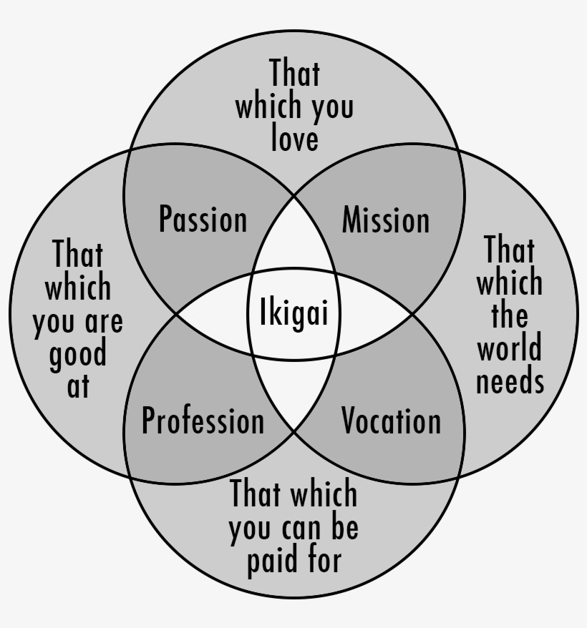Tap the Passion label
[x=203, y=219]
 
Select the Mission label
[x=386, y=219]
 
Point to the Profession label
[x=203, y=421]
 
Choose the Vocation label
[x=391, y=421]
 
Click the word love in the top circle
[x=294, y=138]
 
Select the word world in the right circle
[x=510, y=349]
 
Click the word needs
[x=510, y=381]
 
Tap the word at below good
[x=78, y=386]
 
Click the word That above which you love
[x=294, y=74]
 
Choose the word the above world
[x=510, y=316]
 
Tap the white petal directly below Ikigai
[x=293, y=393]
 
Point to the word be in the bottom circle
[x=344, y=527]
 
